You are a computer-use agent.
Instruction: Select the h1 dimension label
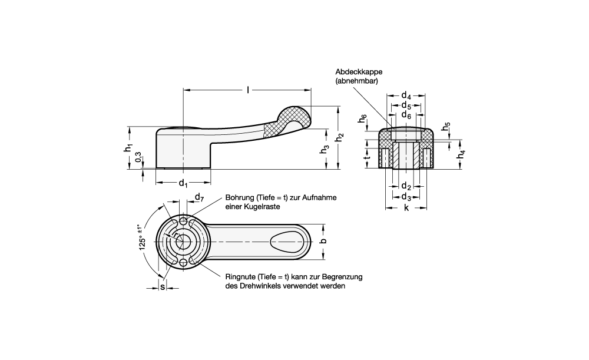(x=128, y=150)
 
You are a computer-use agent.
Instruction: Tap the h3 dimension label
(x=323, y=150)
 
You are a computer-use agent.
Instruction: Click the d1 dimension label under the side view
(x=183, y=183)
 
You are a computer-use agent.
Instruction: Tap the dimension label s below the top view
(x=163, y=287)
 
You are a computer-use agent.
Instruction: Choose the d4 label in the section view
(x=406, y=95)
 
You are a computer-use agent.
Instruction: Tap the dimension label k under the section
(x=406, y=209)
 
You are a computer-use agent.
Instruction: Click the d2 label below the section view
(x=406, y=186)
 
